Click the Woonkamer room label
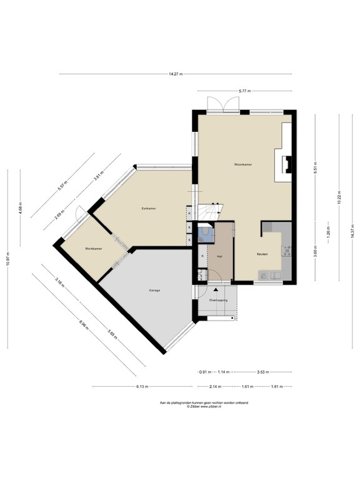pyautogui.click(x=242, y=164)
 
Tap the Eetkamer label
pyautogui.click(x=149, y=208)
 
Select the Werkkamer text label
pyautogui.click(x=94, y=249)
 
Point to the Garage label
pyautogui.click(x=154, y=291)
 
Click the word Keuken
pyautogui.click(x=262, y=254)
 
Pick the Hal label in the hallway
pyautogui.click(x=219, y=257)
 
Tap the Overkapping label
pyautogui.click(x=218, y=301)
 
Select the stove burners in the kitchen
pyautogui.click(x=287, y=251)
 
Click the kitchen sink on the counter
pyautogui.click(x=266, y=276)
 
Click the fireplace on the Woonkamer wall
pyautogui.click(x=287, y=164)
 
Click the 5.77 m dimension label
pyautogui.click(x=244, y=92)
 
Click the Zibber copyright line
pyautogui.click(x=204, y=406)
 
